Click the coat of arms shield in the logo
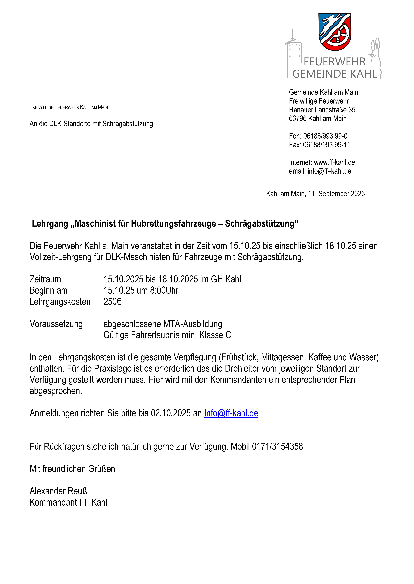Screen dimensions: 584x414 [335, 32]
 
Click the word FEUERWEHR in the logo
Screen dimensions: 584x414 [335, 62]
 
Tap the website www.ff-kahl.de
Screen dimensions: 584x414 [334, 162]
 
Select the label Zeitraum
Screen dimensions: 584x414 [45, 279]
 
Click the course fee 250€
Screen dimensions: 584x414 [112, 302]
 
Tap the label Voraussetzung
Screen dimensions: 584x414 [56, 324]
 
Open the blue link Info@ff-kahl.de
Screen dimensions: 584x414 [231, 413]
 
